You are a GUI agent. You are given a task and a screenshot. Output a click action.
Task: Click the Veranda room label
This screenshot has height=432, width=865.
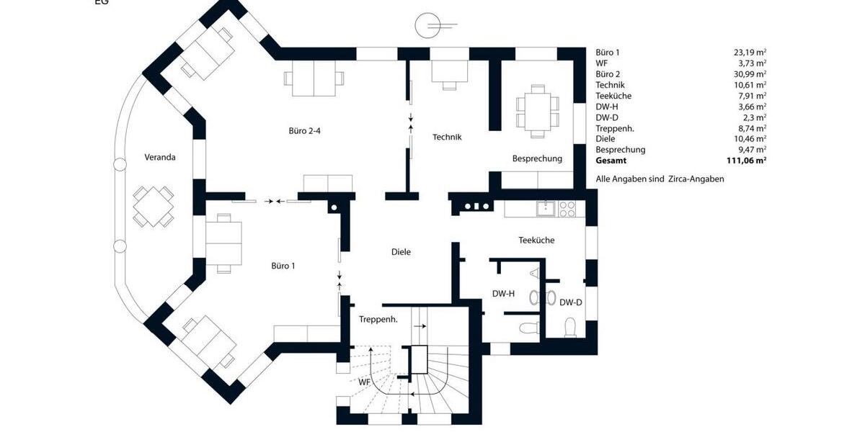pos(159,157)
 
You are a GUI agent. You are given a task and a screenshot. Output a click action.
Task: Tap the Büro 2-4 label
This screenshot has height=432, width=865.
pos(304,131)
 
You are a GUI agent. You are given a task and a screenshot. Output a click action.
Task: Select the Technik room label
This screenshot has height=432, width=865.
pos(447,137)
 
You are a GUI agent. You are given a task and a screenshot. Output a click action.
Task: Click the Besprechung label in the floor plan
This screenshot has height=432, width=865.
pos(537,158)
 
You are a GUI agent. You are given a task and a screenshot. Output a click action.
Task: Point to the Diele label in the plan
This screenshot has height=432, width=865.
pos(401,252)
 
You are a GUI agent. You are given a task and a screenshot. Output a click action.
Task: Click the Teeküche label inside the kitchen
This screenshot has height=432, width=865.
pos(536,240)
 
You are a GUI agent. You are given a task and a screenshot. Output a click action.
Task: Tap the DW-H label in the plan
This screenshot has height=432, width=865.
pos(503,294)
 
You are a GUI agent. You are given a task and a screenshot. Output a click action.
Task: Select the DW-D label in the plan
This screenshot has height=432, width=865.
pos(571,302)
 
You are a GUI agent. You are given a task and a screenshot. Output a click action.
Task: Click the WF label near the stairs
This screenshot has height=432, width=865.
pos(365,383)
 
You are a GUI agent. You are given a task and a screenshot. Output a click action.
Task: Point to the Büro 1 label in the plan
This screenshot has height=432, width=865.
pos(283,266)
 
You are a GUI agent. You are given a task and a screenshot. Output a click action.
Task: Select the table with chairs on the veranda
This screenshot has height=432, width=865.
pos(153,207)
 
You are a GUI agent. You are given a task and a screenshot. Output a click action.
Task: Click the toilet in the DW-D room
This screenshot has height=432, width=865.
pos(570,328)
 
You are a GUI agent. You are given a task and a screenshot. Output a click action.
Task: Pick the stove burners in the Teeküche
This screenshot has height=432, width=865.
pos(568,209)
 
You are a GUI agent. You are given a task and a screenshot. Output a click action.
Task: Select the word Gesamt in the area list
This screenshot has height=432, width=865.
pos(611,161)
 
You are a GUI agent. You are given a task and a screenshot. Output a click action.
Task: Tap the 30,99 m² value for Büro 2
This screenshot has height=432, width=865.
pos(750,74)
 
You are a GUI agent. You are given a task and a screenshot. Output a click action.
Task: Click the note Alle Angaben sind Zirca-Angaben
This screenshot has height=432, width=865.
pos(660,179)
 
